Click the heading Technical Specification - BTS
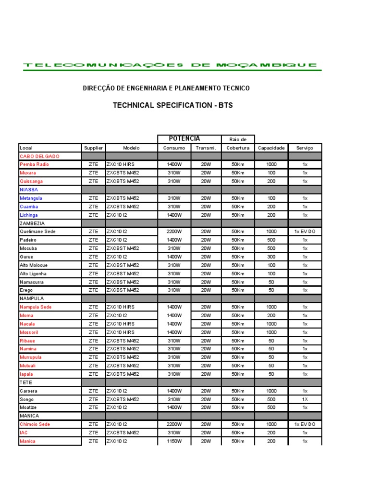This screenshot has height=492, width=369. (x=172, y=105)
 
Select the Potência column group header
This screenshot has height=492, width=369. (x=184, y=139)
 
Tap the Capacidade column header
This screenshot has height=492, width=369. (x=271, y=148)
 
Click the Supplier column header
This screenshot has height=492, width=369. (x=93, y=148)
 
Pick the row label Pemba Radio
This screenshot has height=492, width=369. (x=34, y=164)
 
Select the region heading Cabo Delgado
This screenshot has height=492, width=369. (x=39, y=156)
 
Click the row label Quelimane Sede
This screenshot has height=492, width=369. (x=37, y=232)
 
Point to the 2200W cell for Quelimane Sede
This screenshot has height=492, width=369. (x=174, y=232)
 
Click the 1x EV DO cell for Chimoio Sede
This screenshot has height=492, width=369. (x=305, y=424)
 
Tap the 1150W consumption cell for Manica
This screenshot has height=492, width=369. (x=174, y=441)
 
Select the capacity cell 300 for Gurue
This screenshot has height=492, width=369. (x=271, y=257)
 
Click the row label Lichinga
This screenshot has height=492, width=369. (x=29, y=215)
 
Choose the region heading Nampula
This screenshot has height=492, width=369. (x=32, y=298)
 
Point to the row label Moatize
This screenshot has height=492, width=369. (x=28, y=407)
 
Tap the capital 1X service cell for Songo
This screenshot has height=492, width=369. (x=305, y=399)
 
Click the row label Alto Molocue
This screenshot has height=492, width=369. (x=34, y=265)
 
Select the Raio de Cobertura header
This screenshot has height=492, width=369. (x=238, y=144)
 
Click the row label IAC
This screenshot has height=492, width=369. (x=24, y=433)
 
